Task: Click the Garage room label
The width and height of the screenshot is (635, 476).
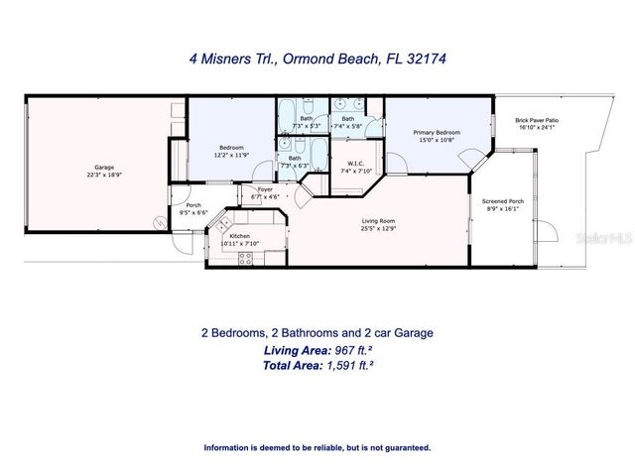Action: point(103,166)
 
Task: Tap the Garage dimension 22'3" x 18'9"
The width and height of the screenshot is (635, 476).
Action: point(103,175)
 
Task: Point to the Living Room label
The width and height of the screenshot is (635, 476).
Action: point(379,221)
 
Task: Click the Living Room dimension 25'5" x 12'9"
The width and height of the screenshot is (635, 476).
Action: point(379,229)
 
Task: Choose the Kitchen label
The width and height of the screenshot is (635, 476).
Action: point(239,235)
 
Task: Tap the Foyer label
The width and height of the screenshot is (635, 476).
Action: point(265,188)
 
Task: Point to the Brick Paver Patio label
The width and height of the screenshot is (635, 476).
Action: point(537,119)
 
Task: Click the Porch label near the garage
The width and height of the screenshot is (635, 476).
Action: point(193,204)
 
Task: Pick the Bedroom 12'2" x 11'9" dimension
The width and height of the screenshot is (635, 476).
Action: point(230,154)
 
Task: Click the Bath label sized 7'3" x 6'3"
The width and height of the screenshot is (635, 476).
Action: point(295,158)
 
